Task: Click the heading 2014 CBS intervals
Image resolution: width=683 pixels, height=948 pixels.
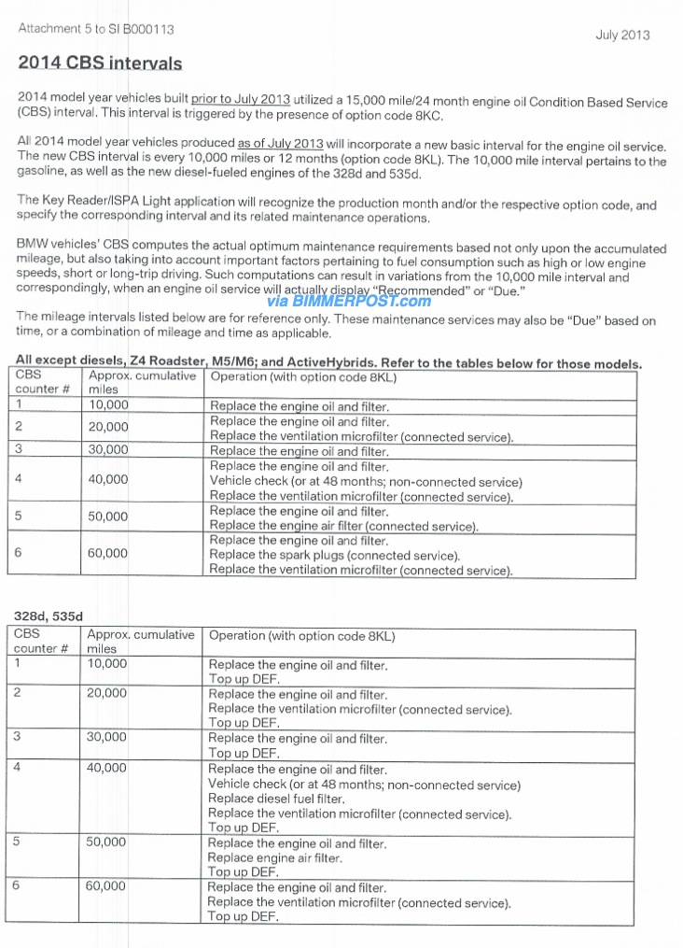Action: [100, 64]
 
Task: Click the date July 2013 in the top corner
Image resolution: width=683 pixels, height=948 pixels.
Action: [622, 35]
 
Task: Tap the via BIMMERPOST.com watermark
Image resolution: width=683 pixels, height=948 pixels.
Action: [349, 301]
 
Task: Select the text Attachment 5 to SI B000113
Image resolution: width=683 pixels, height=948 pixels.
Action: [95, 29]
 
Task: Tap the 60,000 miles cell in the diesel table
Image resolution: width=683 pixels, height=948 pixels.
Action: [105, 886]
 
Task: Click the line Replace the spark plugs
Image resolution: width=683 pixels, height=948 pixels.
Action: [334, 556]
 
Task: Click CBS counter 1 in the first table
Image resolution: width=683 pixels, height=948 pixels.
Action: [19, 405]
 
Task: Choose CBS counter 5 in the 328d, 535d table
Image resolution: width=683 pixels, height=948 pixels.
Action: [17, 842]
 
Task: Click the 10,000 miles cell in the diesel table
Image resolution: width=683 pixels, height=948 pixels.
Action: [105, 664]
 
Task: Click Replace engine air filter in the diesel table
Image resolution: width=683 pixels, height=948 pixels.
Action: [274, 857]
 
